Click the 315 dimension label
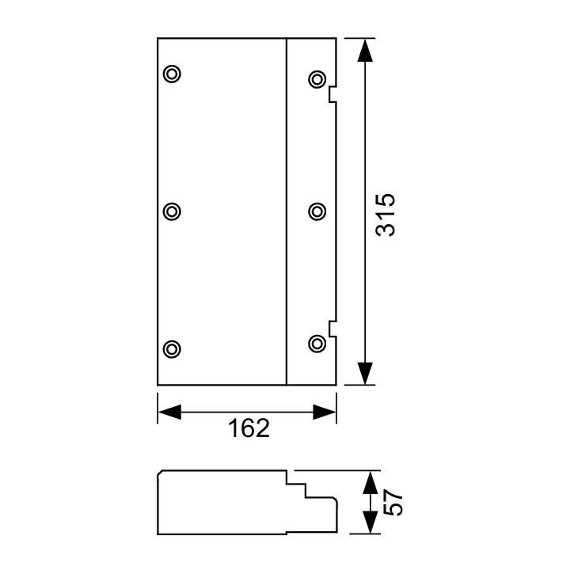click(x=386, y=215)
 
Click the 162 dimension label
click(x=249, y=428)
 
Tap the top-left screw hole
click(x=172, y=74)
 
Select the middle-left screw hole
click(x=172, y=211)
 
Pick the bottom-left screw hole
click(x=172, y=349)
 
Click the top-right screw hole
click(x=317, y=79)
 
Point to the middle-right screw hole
click(x=317, y=211)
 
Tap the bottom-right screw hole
click(x=317, y=344)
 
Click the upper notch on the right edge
click(x=333, y=94)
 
